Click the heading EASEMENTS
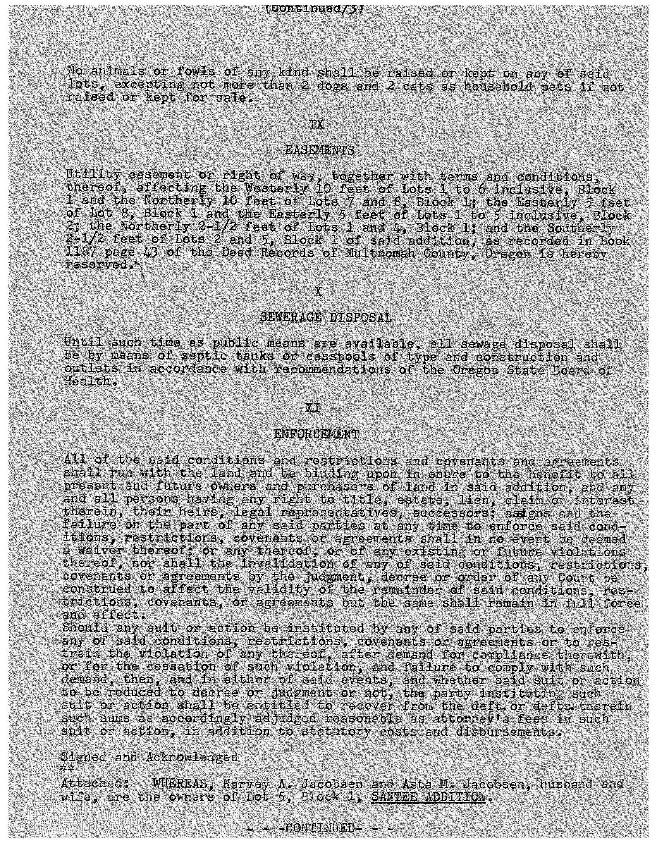[319, 150]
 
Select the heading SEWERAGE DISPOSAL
[325, 318]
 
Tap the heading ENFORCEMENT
[316, 434]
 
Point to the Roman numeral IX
[316, 125]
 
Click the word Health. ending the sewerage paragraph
[91, 382]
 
